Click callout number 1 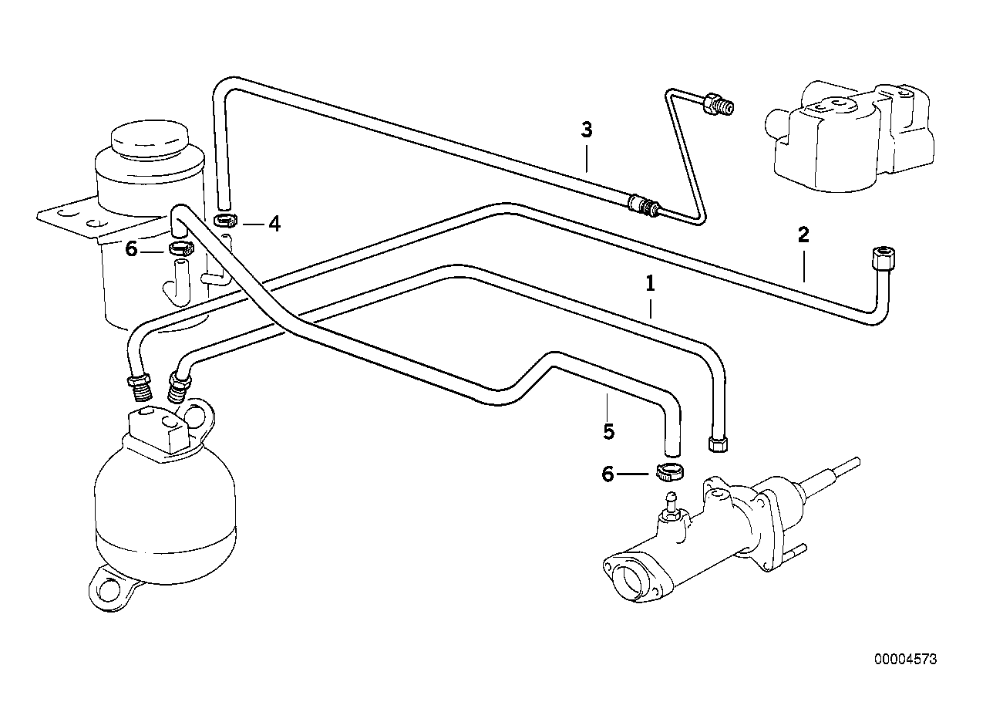click(x=650, y=284)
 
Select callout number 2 click(x=803, y=235)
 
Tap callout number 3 click(x=587, y=130)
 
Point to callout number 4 click(x=274, y=224)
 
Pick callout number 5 click(x=609, y=430)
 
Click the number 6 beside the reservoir click(x=131, y=249)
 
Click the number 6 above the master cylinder click(x=608, y=474)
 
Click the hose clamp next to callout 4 click(x=224, y=221)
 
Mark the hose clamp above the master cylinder click(x=668, y=471)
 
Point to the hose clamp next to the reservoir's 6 click(x=179, y=248)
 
